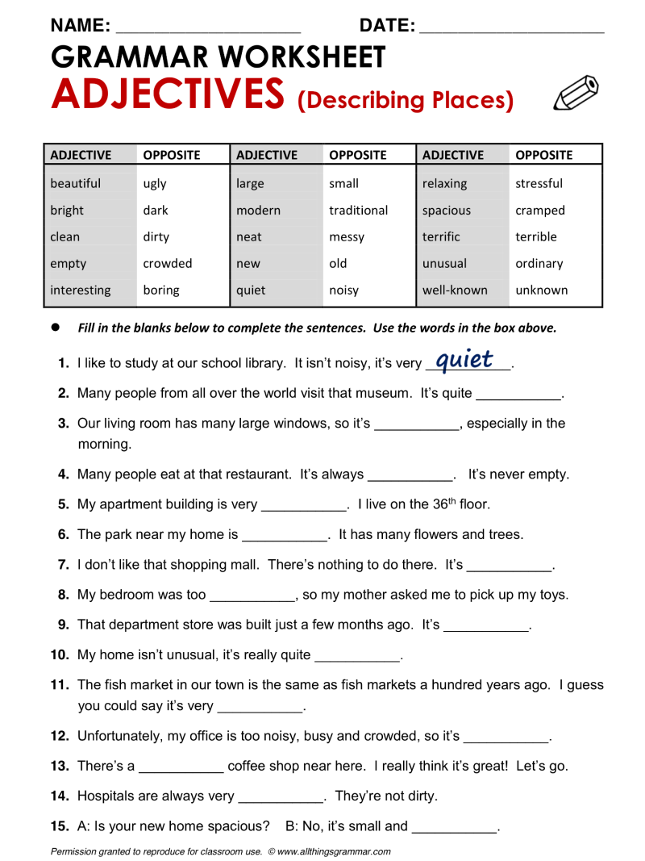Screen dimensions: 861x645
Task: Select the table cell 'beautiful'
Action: (75, 183)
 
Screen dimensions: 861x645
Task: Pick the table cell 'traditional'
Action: (358, 210)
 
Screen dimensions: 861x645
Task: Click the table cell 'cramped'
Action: (540, 210)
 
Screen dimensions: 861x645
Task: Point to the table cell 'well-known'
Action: (455, 290)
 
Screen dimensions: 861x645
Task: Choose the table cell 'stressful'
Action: (539, 183)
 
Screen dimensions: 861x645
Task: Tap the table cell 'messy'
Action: (347, 236)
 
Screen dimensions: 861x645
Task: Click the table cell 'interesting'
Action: (81, 290)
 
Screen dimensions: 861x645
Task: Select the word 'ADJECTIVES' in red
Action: (167, 94)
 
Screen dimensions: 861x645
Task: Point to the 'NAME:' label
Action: (81, 26)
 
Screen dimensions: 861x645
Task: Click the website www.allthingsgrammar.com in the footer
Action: (334, 851)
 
